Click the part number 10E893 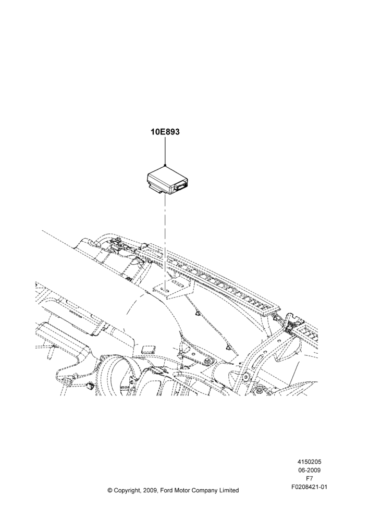165,132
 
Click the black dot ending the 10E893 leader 165,165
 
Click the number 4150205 309,462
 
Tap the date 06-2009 309,470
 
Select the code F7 309,479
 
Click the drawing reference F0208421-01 309,487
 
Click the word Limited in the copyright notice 230,490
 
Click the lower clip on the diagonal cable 228,348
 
